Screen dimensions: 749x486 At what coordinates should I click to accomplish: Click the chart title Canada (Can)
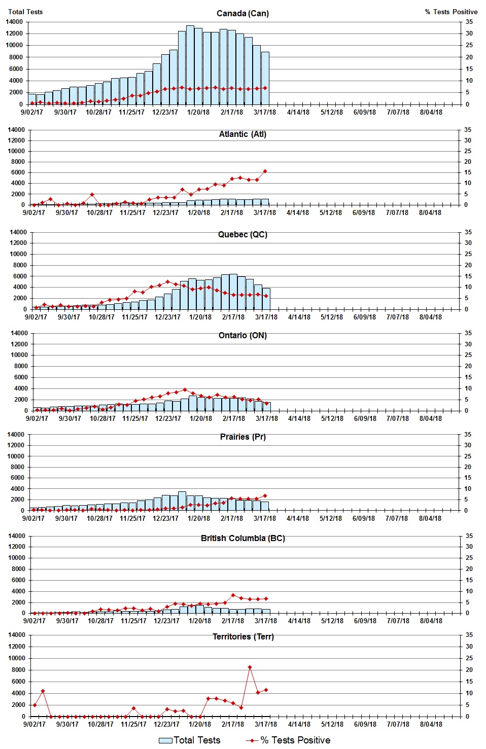tap(242, 13)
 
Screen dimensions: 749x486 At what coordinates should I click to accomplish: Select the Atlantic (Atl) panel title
tap(242, 134)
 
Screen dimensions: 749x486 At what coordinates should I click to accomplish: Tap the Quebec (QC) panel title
tap(242, 234)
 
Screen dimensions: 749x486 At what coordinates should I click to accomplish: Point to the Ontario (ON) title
tap(242, 335)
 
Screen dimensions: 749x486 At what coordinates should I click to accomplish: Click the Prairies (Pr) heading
tap(242, 437)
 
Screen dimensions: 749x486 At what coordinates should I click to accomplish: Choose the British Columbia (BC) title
tap(242, 538)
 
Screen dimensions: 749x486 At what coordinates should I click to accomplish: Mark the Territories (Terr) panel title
tap(242, 636)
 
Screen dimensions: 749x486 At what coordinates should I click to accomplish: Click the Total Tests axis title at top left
tap(25, 12)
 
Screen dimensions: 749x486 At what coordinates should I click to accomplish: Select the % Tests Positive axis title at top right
tap(451, 12)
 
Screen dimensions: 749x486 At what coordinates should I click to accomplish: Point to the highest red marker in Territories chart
tap(250, 667)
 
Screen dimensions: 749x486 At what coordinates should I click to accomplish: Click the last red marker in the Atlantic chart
tap(265, 171)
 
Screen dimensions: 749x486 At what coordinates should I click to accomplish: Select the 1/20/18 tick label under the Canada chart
tap(198, 112)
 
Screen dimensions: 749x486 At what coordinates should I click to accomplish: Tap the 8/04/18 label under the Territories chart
tap(431, 724)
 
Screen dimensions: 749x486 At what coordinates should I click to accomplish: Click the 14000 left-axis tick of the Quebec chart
tap(18, 232)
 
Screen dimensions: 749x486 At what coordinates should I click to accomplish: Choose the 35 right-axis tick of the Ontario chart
tap(468, 333)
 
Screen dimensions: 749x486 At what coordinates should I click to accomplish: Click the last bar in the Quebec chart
tap(266, 299)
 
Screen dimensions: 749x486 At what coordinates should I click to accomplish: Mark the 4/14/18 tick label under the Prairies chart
tap(298, 518)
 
